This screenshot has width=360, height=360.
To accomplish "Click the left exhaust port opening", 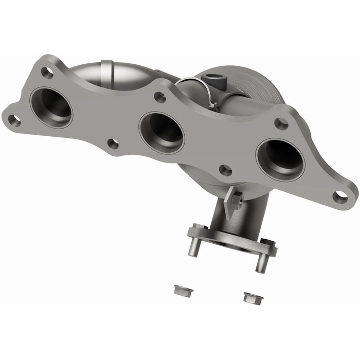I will coord(51,107).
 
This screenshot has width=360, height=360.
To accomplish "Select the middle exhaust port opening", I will coord(161,132).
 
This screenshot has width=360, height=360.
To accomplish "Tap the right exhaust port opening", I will coord(280,159).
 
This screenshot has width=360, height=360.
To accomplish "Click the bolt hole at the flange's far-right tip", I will coord(340,196).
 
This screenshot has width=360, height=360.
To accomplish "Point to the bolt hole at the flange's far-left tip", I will coord(14,120).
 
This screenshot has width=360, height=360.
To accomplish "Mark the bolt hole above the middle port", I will coord(160,97).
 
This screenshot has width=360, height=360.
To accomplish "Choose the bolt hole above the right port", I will coord(281,123).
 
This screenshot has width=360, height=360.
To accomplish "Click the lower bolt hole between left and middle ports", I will coord(113,144).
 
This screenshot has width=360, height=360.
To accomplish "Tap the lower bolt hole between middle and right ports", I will coord(225,170).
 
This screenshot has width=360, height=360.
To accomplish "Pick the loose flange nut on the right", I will coord(250,297).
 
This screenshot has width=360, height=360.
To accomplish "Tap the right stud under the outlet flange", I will coord(260,262).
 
